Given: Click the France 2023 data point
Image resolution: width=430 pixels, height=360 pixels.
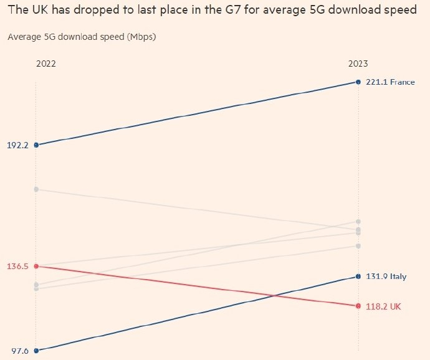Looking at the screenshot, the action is click(358, 82).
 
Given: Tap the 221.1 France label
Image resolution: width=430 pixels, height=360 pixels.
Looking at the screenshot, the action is click(390, 82).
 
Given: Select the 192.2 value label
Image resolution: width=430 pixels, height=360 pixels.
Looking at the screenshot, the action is click(17, 145).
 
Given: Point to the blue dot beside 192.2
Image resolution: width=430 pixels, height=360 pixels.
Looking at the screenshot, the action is click(36, 145).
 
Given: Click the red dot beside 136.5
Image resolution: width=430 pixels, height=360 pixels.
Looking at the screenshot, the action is click(36, 266).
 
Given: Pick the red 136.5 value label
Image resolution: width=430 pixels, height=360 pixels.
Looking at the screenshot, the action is click(17, 266).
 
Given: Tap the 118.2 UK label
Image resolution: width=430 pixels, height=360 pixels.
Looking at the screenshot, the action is click(383, 306).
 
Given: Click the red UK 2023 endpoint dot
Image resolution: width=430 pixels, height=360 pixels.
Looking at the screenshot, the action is click(358, 306).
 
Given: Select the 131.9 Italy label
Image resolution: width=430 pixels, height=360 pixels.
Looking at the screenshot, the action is click(386, 277).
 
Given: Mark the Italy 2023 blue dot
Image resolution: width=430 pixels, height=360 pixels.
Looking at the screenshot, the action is click(358, 277).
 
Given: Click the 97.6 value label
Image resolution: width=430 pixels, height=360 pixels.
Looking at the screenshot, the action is click(20, 351).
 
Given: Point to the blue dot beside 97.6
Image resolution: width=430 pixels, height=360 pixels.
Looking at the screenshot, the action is click(36, 351).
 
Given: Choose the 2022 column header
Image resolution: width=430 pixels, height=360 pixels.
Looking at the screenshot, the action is click(46, 64).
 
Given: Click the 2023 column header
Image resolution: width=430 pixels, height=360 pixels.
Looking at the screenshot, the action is click(358, 64).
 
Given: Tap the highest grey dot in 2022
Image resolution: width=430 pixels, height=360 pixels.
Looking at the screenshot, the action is click(36, 189).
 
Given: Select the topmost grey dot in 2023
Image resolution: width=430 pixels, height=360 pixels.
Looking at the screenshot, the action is click(358, 222).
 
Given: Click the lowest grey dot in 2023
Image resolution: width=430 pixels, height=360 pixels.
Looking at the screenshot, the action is click(358, 246).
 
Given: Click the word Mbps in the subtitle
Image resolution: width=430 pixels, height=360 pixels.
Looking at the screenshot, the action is click(141, 37).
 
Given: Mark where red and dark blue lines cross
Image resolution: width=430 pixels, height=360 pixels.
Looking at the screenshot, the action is click(274, 296).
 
